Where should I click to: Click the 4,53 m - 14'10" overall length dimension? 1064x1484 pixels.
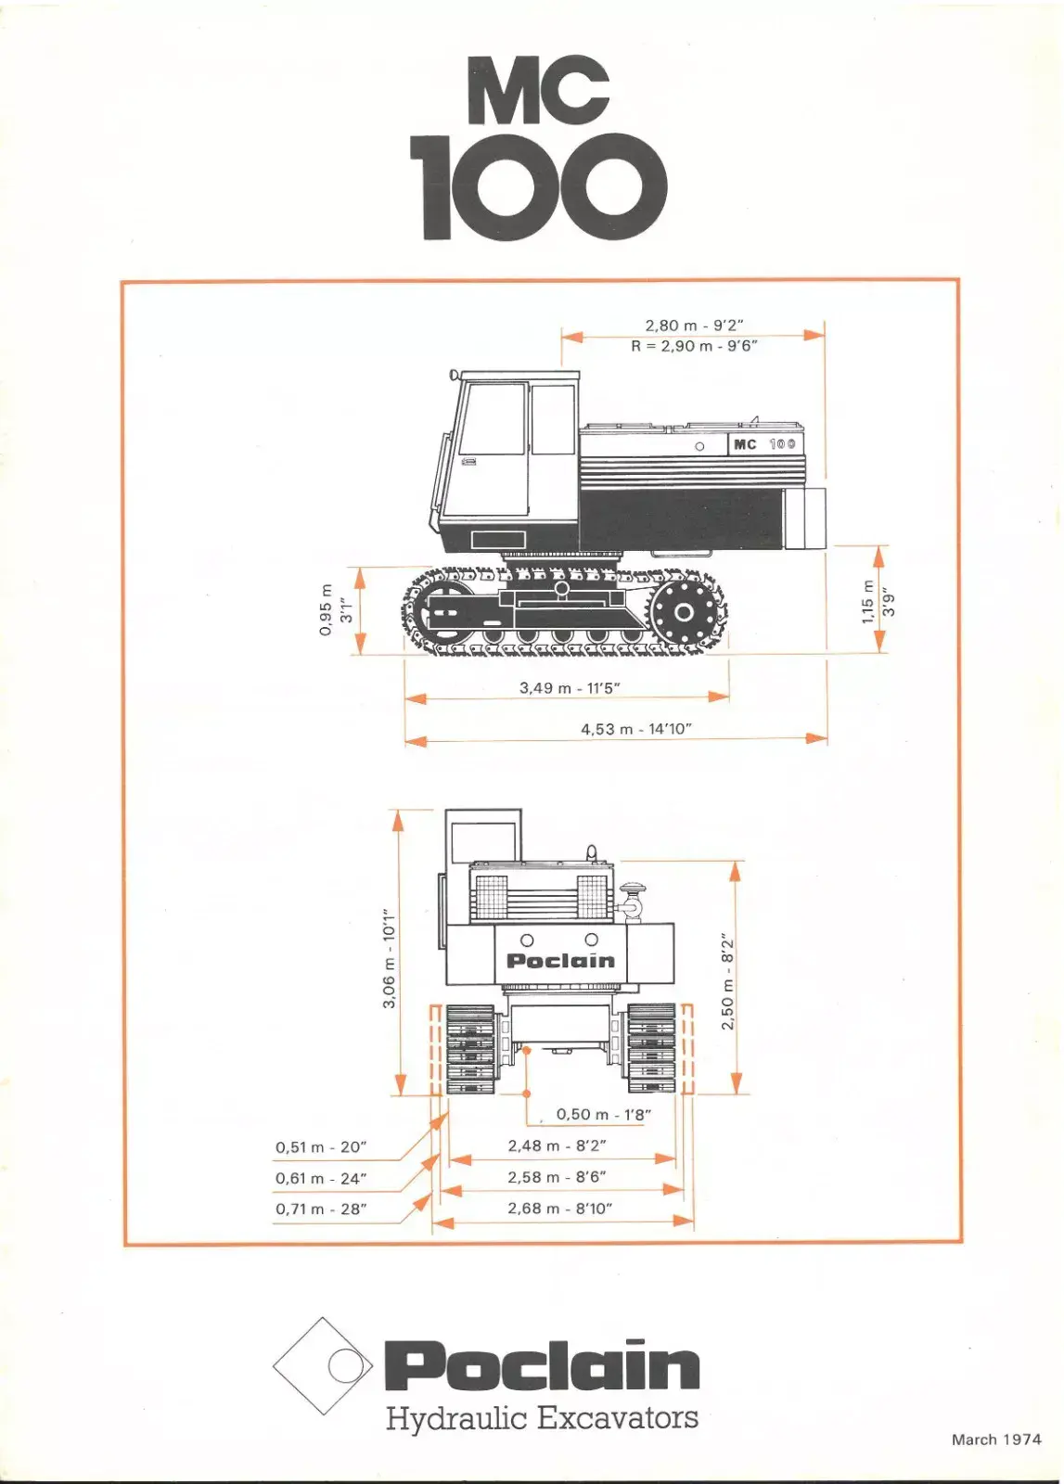(636, 729)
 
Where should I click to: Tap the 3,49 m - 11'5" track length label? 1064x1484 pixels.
(569, 687)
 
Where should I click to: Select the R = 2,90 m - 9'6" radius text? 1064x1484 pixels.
(694, 345)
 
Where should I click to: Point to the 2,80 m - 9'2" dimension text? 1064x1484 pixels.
(694, 326)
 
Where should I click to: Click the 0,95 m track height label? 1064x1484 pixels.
(326, 609)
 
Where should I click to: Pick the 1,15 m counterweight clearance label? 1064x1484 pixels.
(868, 601)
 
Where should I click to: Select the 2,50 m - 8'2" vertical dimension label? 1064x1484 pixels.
(727, 981)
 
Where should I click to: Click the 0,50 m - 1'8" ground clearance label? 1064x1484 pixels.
(604, 1114)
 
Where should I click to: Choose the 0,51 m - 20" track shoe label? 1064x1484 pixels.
(321, 1146)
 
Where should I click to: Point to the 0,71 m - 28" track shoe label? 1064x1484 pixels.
(321, 1209)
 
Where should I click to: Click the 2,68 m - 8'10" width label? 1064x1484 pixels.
(559, 1209)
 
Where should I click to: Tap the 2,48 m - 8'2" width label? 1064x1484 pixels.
(558, 1145)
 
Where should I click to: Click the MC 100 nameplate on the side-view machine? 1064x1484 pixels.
(764, 444)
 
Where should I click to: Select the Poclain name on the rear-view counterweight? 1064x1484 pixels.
(560, 960)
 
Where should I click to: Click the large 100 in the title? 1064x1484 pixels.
(538, 186)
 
